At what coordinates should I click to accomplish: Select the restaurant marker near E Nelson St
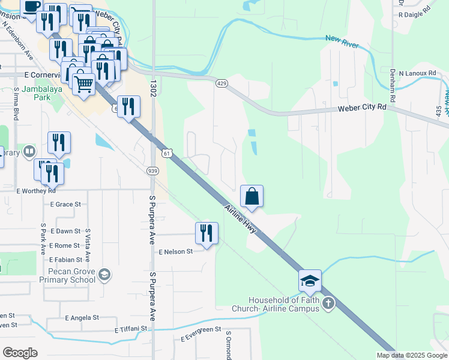pyautogui.click(x=206, y=233)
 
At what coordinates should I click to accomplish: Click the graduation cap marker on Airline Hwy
pyautogui.click(x=310, y=281)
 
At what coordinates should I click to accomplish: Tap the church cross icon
pyautogui.click(x=328, y=303)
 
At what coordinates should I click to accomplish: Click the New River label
pyautogui.click(x=341, y=38)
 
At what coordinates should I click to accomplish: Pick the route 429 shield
pyautogui.click(x=221, y=83)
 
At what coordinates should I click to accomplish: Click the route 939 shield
pyautogui.click(x=152, y=171)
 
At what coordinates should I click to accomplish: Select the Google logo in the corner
pyautogui.click(x=20, y=353)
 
